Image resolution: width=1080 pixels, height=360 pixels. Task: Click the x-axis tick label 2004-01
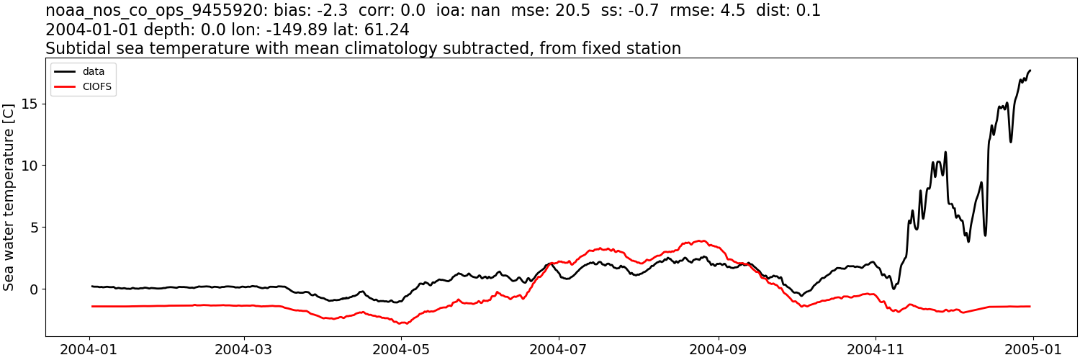pyautogui.click(x=90, y=349)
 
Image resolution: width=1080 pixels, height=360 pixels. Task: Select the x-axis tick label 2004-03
pyautogui.click(x=245, y=349)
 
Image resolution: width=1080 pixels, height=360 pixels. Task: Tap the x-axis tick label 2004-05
pyautogui.click(x=402, y=349)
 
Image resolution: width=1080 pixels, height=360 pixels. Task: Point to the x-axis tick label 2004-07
pyautogui.click(x=559, y=349)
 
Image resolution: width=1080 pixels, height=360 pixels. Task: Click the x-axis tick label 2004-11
pyautogui.click(x=876, y=349)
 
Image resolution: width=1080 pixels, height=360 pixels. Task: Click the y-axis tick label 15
pyautogui.click(x=30, y=104)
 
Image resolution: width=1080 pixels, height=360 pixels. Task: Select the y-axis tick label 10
pyautogui.click(x=30, y=166)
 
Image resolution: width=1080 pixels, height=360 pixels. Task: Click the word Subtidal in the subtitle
pyautogui.click(x=79, y=49)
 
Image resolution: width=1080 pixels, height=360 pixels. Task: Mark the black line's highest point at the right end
pyautogui.click(x=1030, y=71)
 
